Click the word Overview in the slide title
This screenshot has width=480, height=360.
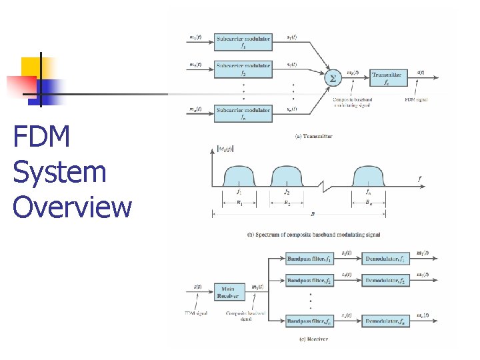73,207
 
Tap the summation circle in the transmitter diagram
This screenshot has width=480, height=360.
331,78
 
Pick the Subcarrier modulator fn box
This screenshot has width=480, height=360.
243,113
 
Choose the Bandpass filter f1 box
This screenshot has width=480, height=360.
309,258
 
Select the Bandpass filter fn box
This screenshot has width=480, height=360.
309,321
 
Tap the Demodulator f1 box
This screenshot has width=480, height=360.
385,258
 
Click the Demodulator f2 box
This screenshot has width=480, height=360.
385,281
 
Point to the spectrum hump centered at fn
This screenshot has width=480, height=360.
369,177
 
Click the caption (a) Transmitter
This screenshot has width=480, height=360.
313,136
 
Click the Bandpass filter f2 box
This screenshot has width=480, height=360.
309,281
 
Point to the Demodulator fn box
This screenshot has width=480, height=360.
385,321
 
